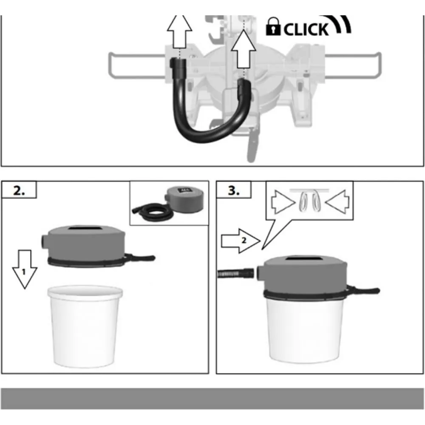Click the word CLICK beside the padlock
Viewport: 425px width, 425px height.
[x=306, y=29]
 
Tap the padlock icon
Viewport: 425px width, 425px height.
[x=273, y=26]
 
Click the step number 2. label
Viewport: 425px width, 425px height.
[x=19, y=190]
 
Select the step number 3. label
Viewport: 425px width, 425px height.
[x=233, y=190]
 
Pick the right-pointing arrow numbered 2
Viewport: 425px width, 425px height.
[x=241, y=241]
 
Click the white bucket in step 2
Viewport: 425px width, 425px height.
[x=85, y=326]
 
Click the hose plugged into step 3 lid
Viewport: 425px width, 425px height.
[x=235, y=273]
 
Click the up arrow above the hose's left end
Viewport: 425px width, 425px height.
[x=179, y=32]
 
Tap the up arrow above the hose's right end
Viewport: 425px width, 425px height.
[x=244, y=49]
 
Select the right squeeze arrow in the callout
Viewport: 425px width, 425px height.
[x=337, y=202]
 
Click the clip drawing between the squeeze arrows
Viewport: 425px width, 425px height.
[x=310, y=200]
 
